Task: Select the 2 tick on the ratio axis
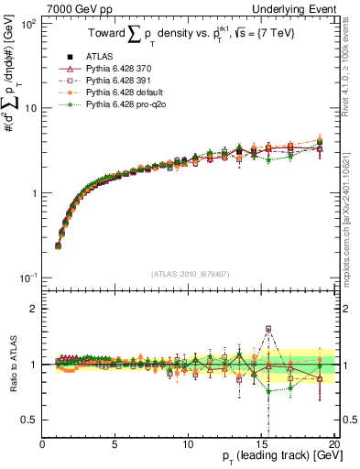[x=33, y=308]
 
